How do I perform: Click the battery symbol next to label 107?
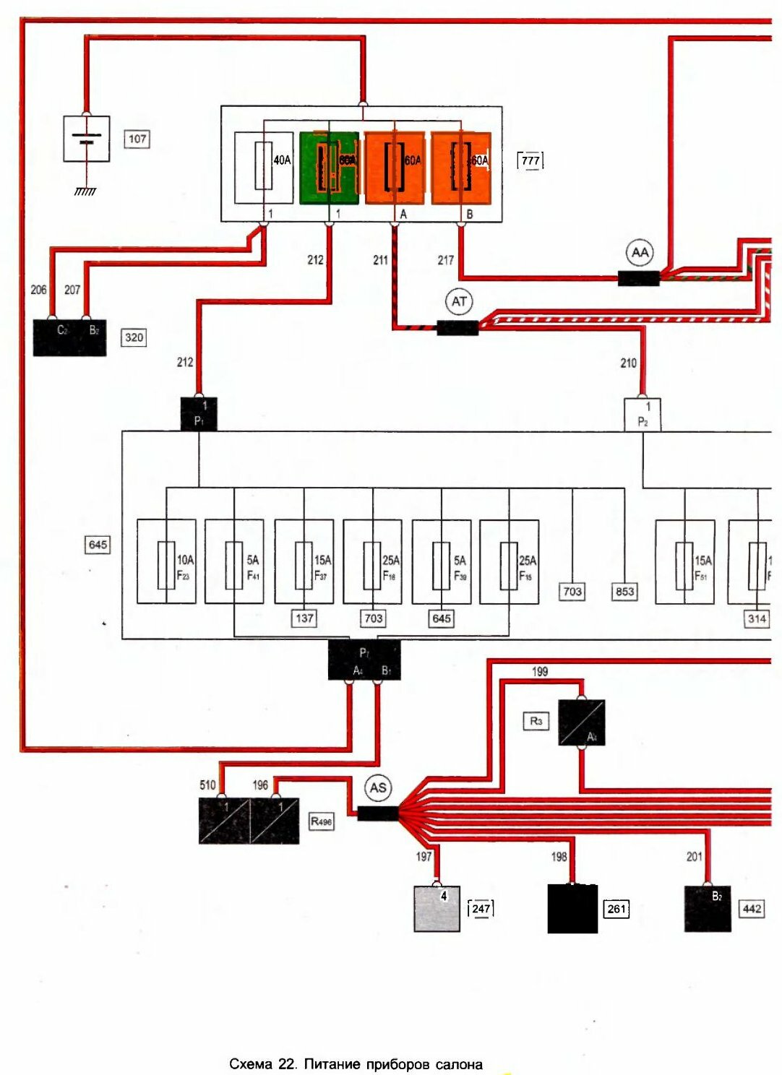87,139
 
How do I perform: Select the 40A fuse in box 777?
264,167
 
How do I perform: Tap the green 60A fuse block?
329,168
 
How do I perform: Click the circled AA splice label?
640,253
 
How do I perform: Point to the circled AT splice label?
459,301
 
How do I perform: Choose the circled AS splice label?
378,787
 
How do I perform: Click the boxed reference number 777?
530,160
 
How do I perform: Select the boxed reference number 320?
134,337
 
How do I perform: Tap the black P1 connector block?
199,415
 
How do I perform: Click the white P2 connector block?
643,415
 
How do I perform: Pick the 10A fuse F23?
166,561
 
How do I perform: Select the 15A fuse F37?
304,561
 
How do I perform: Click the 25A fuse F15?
509,561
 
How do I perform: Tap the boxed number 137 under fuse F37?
304,618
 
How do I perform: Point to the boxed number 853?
624,592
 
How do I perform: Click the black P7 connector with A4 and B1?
364,660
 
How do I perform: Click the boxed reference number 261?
616,909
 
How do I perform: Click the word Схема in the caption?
250,1064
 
